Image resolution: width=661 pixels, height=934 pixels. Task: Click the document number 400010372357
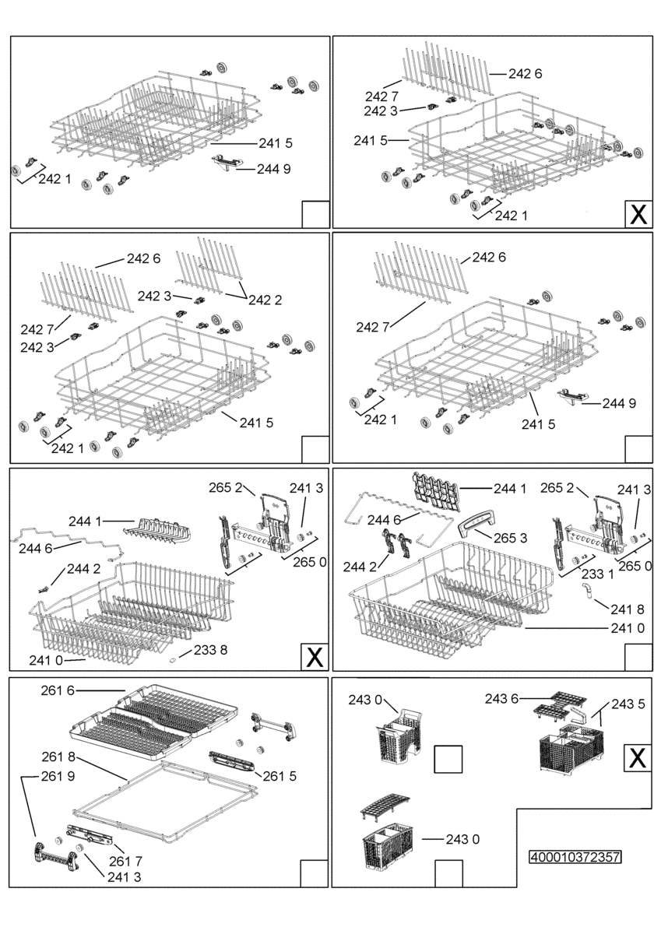point(575,857)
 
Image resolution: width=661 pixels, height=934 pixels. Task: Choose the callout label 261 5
point(280,776)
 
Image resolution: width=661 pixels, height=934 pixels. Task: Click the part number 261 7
point(125,861)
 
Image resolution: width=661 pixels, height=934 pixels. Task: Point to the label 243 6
point(501,698)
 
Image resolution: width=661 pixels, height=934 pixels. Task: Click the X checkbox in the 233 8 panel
point(315,657)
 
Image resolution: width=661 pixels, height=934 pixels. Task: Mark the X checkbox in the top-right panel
point(638,214)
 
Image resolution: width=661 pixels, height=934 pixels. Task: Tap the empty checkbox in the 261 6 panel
point(315,873)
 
